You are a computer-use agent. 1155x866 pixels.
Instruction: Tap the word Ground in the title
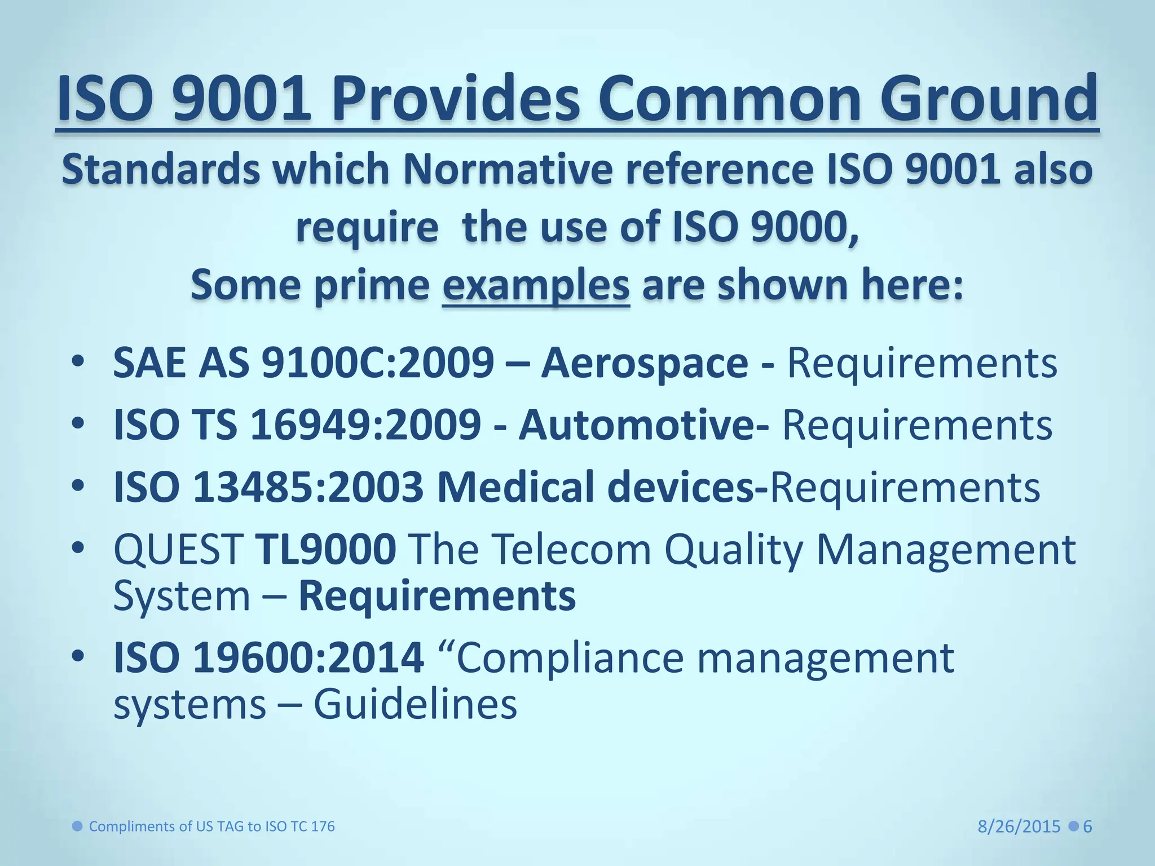(x=984, y=99)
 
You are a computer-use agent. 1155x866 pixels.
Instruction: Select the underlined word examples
(x=536, y=285)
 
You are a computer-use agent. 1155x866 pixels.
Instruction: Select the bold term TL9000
(x=326, y=549)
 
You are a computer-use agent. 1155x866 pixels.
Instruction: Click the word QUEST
(x=178, y=549)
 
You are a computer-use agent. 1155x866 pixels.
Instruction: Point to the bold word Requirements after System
(x=437, y=596)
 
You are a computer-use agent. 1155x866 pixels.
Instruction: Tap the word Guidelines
(x=415, y=705)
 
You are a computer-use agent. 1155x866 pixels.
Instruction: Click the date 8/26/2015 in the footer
(x=1019, y=827)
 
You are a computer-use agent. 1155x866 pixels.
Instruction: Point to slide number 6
(x=1088, y=827)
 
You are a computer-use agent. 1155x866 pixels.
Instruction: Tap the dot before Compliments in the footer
(x=78, y=827)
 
